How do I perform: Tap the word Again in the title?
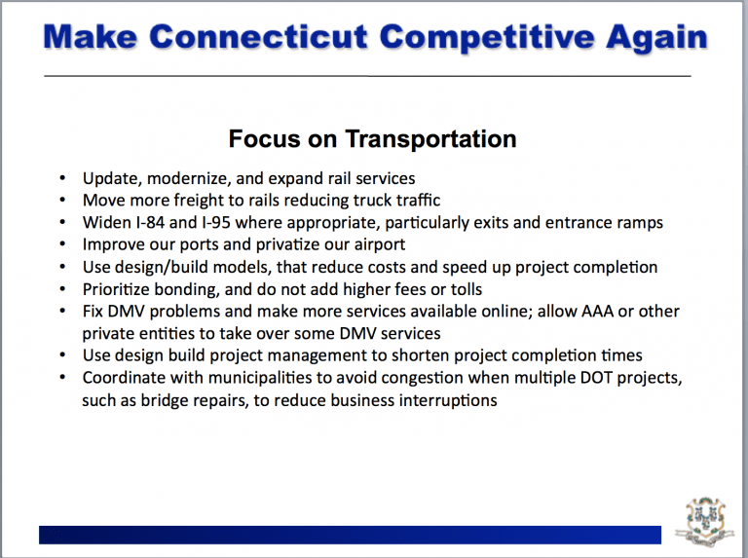[656, 38]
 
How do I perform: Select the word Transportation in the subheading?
[430, 139]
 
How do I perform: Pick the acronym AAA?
[597, 311]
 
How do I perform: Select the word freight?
[199, 201]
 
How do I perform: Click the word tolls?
[464, 289]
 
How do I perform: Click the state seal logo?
[704, 522]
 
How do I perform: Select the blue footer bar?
[351, 535]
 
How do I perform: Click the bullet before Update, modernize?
[62, 178]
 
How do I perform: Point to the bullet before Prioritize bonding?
[62, 289]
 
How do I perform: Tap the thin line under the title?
[367, 76]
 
